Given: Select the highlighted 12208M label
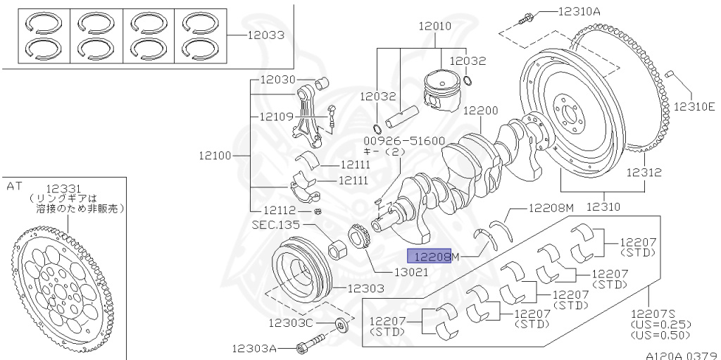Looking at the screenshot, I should pos(432,257).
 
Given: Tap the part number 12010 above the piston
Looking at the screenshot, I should pos(434,27).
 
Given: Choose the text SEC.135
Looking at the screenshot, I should pos(275,225).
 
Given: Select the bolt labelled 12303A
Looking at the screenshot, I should pos(306,348).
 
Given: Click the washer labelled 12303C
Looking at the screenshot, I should pos(341,324).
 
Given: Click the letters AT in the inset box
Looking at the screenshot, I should pos(14,187).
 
